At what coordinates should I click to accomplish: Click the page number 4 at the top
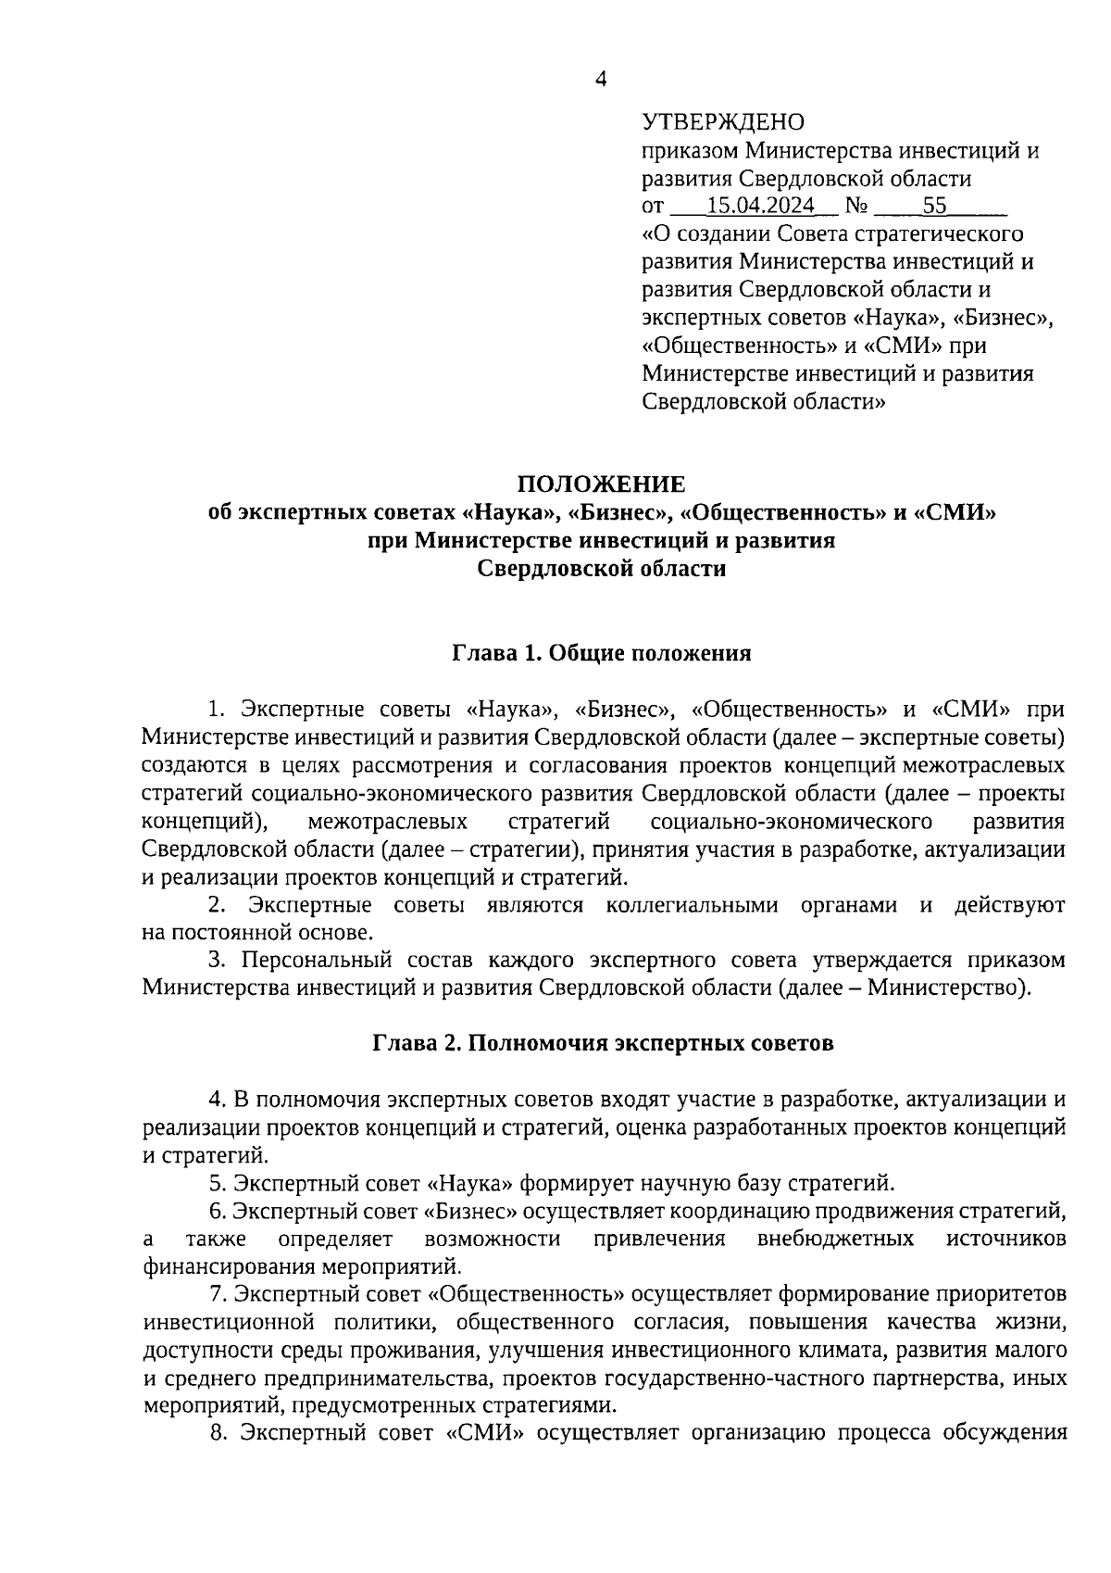click(600, 80)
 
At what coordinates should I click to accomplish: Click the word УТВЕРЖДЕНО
click(723, 122)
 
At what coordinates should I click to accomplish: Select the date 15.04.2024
click(760, 206)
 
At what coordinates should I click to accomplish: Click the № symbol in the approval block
click(856, 206)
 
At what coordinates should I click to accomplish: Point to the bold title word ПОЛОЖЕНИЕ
click(601, 484)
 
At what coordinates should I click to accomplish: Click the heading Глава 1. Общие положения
click(601, 654)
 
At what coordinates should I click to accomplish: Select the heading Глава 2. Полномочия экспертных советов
click(603, 1043)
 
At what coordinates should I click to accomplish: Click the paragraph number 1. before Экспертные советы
click(216, 710)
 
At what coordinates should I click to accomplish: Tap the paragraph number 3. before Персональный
click(216, 959)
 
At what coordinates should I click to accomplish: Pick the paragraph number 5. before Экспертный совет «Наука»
click(218, 1183)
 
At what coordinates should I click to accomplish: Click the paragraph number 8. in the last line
click(218, 1433)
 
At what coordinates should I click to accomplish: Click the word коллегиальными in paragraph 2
click(692, 905)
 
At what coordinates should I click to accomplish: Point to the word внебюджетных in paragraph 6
click(835, 1239)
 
